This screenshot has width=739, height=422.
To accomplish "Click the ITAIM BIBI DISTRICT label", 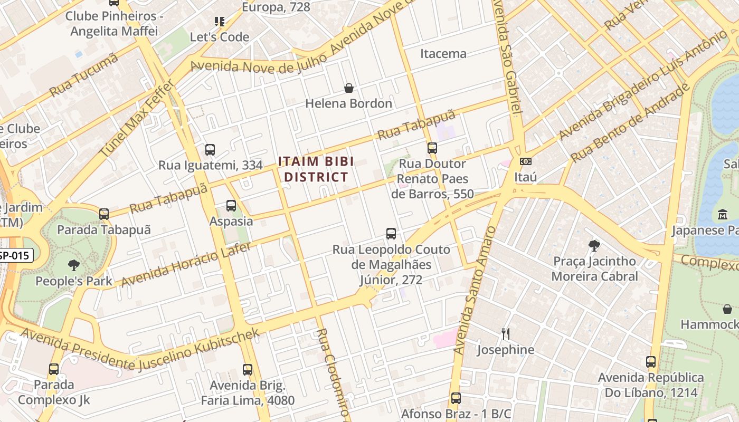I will tap(316, 169).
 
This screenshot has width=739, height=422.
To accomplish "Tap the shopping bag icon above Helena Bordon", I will tap(348, 88).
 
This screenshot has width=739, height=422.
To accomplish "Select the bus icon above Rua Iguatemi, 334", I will tap(210, 150).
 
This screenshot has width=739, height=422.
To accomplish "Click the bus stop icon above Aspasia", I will tap(231, 206).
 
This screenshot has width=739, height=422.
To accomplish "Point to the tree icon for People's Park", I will tap(74, 265).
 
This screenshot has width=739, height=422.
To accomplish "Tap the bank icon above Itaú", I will tap(525, 161).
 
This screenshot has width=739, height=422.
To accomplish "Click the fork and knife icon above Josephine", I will tap(505, 333).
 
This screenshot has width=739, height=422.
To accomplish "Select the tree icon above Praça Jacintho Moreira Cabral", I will tap(594, 245).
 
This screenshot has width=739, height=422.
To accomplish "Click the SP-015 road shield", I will tap(16, 256).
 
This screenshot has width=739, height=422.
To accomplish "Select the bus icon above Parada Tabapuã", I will tap(104, 214).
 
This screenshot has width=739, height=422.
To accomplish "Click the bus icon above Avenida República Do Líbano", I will tap(650, 362).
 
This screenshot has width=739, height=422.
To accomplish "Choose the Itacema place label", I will tap(443, 54).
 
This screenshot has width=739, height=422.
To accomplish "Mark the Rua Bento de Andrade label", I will tap(631, 122).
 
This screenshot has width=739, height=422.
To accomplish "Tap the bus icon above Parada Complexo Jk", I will tap(54, 369).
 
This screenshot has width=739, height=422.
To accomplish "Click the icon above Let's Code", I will tap(220, 22).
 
